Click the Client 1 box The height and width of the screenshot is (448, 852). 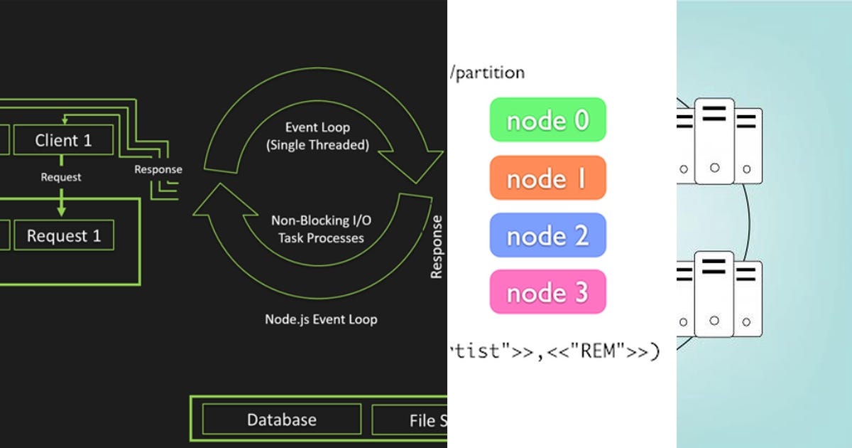click(63, 140)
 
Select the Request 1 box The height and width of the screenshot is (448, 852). click(63, 235)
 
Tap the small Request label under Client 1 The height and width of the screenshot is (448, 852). click(60, 177)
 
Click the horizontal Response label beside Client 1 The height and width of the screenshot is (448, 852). click(158, 169)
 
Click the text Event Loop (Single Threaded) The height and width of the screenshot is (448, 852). click(317, 136)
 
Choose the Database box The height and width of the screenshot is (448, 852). click(281, 420)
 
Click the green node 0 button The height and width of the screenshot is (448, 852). click(547, 120)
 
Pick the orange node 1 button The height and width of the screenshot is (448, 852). click(547, 178)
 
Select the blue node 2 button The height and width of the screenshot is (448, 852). click(547, 235)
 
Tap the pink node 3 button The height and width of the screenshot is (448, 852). click(547, 292)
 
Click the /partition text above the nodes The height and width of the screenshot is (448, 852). click(487, 73)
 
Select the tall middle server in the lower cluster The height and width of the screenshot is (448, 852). click(714, 294)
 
